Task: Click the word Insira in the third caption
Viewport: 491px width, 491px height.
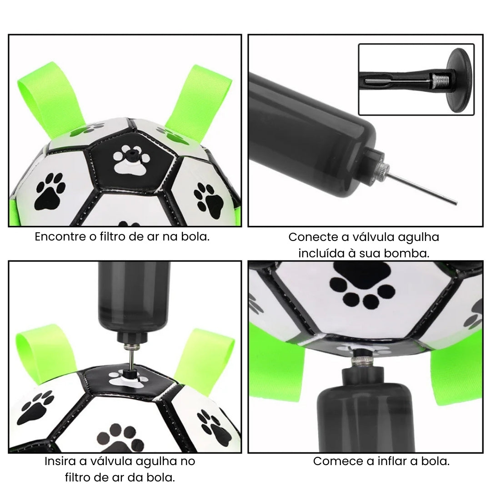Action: (60, 461)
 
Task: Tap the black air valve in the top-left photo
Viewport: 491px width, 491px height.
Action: (130, 155)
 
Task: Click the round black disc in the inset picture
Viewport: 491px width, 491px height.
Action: (460, 80)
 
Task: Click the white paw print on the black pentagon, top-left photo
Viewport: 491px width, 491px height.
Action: (131, 160)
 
